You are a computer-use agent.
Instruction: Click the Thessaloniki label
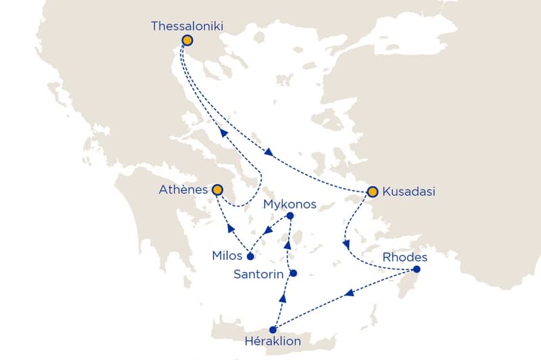point(187,26)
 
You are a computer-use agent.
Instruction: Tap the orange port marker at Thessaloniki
point(187,41)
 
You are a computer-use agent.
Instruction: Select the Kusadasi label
point(409,192)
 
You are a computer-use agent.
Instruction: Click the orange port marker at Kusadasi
point(372,192)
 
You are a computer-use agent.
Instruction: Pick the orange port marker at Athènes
point(217,190)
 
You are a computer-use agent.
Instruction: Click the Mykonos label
point(289,204)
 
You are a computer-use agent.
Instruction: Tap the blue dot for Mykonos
point(290,216)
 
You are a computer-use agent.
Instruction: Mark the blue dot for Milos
point(250,256)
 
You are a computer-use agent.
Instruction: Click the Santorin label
point(259,274)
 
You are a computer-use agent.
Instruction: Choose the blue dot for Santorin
point(293,273)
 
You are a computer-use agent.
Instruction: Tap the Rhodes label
point(405,257)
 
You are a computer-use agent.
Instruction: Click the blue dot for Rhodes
point(417,270)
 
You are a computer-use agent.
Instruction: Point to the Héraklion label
point(283,342)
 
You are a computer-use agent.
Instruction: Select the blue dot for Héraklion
point(273,330)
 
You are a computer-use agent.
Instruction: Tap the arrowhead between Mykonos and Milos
point(268,231)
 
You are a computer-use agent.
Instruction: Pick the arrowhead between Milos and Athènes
point(230,228)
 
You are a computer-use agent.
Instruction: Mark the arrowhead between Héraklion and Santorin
point(283,298)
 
